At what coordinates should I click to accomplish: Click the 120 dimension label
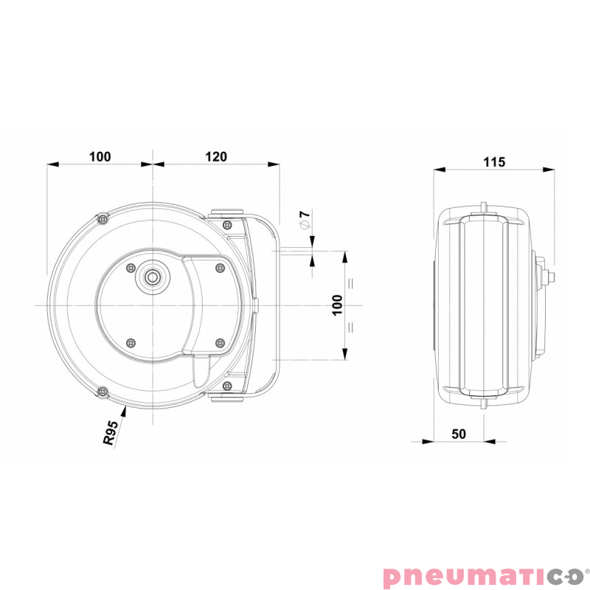[216, 156]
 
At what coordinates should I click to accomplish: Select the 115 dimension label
[494, 162]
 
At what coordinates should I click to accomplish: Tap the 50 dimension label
[458, 434]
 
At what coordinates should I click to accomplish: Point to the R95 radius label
[110, 433]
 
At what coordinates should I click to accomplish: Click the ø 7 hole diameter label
[305, 219]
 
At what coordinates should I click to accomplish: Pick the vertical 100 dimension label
[338, 305]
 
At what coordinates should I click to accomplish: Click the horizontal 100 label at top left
[100, 156]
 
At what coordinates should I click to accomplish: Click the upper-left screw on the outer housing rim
[103, 218]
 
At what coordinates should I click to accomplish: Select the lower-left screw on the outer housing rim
[103, 392]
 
